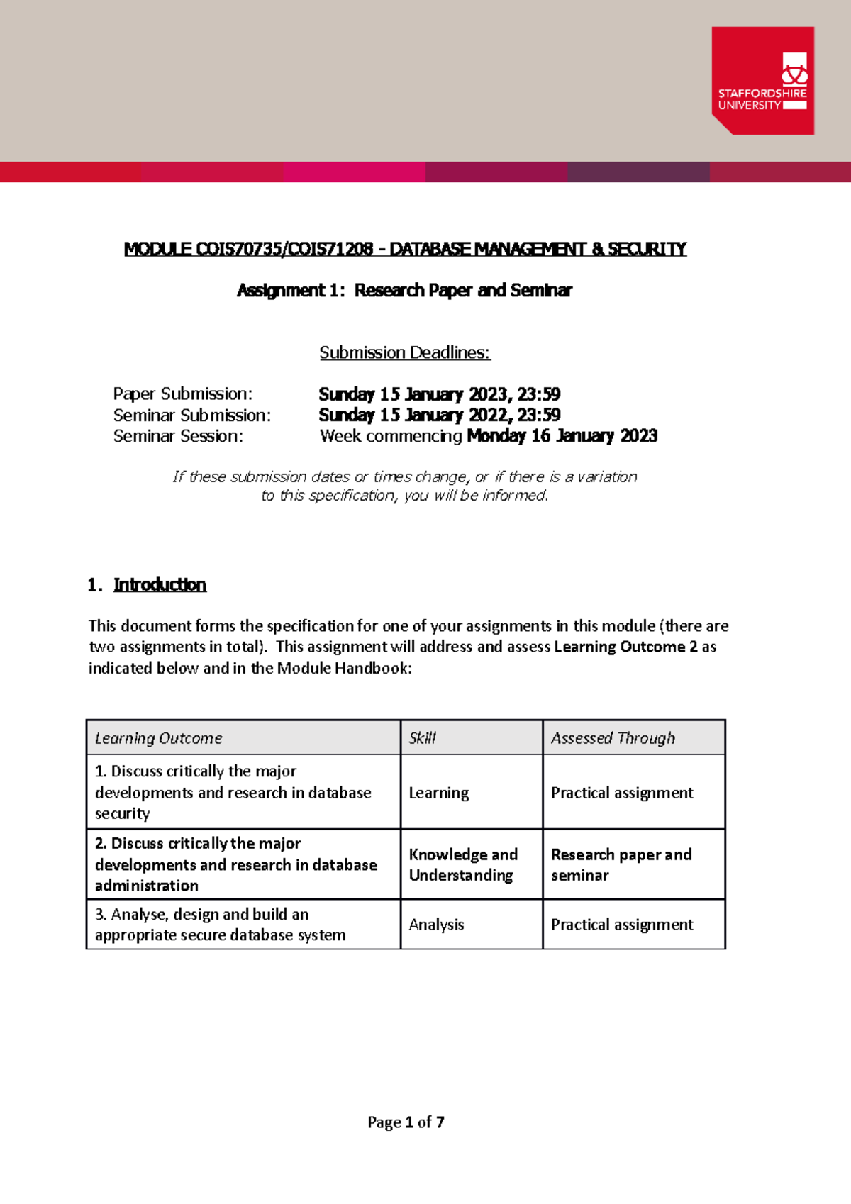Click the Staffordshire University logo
click(762, 80)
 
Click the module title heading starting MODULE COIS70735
click(405, 249)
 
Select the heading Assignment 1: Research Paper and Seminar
click(404, 290)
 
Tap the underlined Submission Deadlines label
click(404, 352)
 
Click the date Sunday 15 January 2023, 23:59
click(439, 394)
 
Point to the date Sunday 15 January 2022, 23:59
click(439, 415)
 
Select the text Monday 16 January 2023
click(562, 435)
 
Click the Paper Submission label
click(182, 394)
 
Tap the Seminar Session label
click(178, 436)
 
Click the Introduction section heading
click(160, 585)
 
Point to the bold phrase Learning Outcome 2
click(625, 647)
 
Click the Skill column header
click(423, 738)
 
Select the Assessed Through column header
click(613, 738)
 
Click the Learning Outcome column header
click(159, 738)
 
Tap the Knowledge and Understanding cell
click(463, 864)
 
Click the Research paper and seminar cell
click(621, 864)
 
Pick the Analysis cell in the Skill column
click(436, 925)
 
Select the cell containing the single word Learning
click(439, 793)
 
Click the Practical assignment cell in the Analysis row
click(622, 925)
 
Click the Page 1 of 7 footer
click(406, 1122)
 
